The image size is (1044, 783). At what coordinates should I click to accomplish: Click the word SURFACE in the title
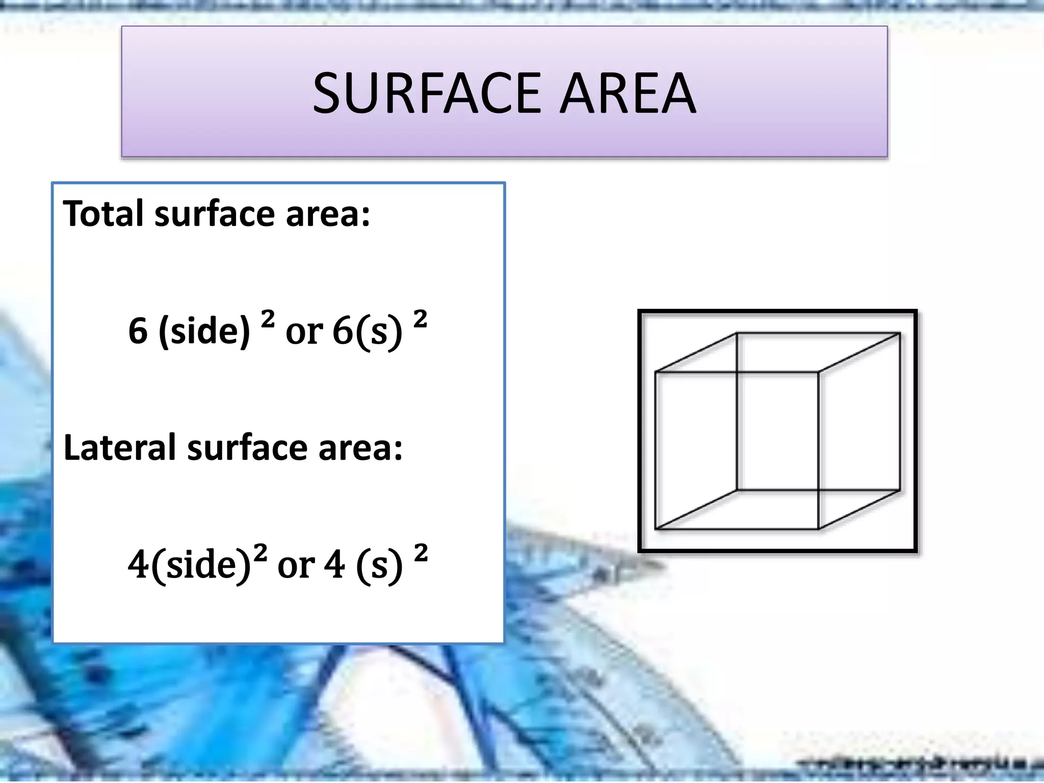[426, 93]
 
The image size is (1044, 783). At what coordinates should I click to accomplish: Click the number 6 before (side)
[138, 331]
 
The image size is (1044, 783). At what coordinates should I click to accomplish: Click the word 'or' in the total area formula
[304, 332]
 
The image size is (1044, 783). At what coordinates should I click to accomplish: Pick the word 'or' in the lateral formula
[296, 565]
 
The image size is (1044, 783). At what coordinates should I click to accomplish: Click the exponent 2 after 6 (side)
[268, 319]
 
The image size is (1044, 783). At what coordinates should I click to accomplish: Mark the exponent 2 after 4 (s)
[421, 553]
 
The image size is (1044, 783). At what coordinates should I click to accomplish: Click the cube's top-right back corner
[900, 333]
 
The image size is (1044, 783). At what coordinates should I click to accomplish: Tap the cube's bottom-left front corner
[656, 529]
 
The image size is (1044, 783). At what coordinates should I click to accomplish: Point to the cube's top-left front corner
[656, 372]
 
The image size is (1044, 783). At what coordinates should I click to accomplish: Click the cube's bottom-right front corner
[818, 529]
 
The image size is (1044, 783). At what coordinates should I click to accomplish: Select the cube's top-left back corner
[737, 333]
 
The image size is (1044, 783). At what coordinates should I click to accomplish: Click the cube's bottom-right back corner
[900, 490]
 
